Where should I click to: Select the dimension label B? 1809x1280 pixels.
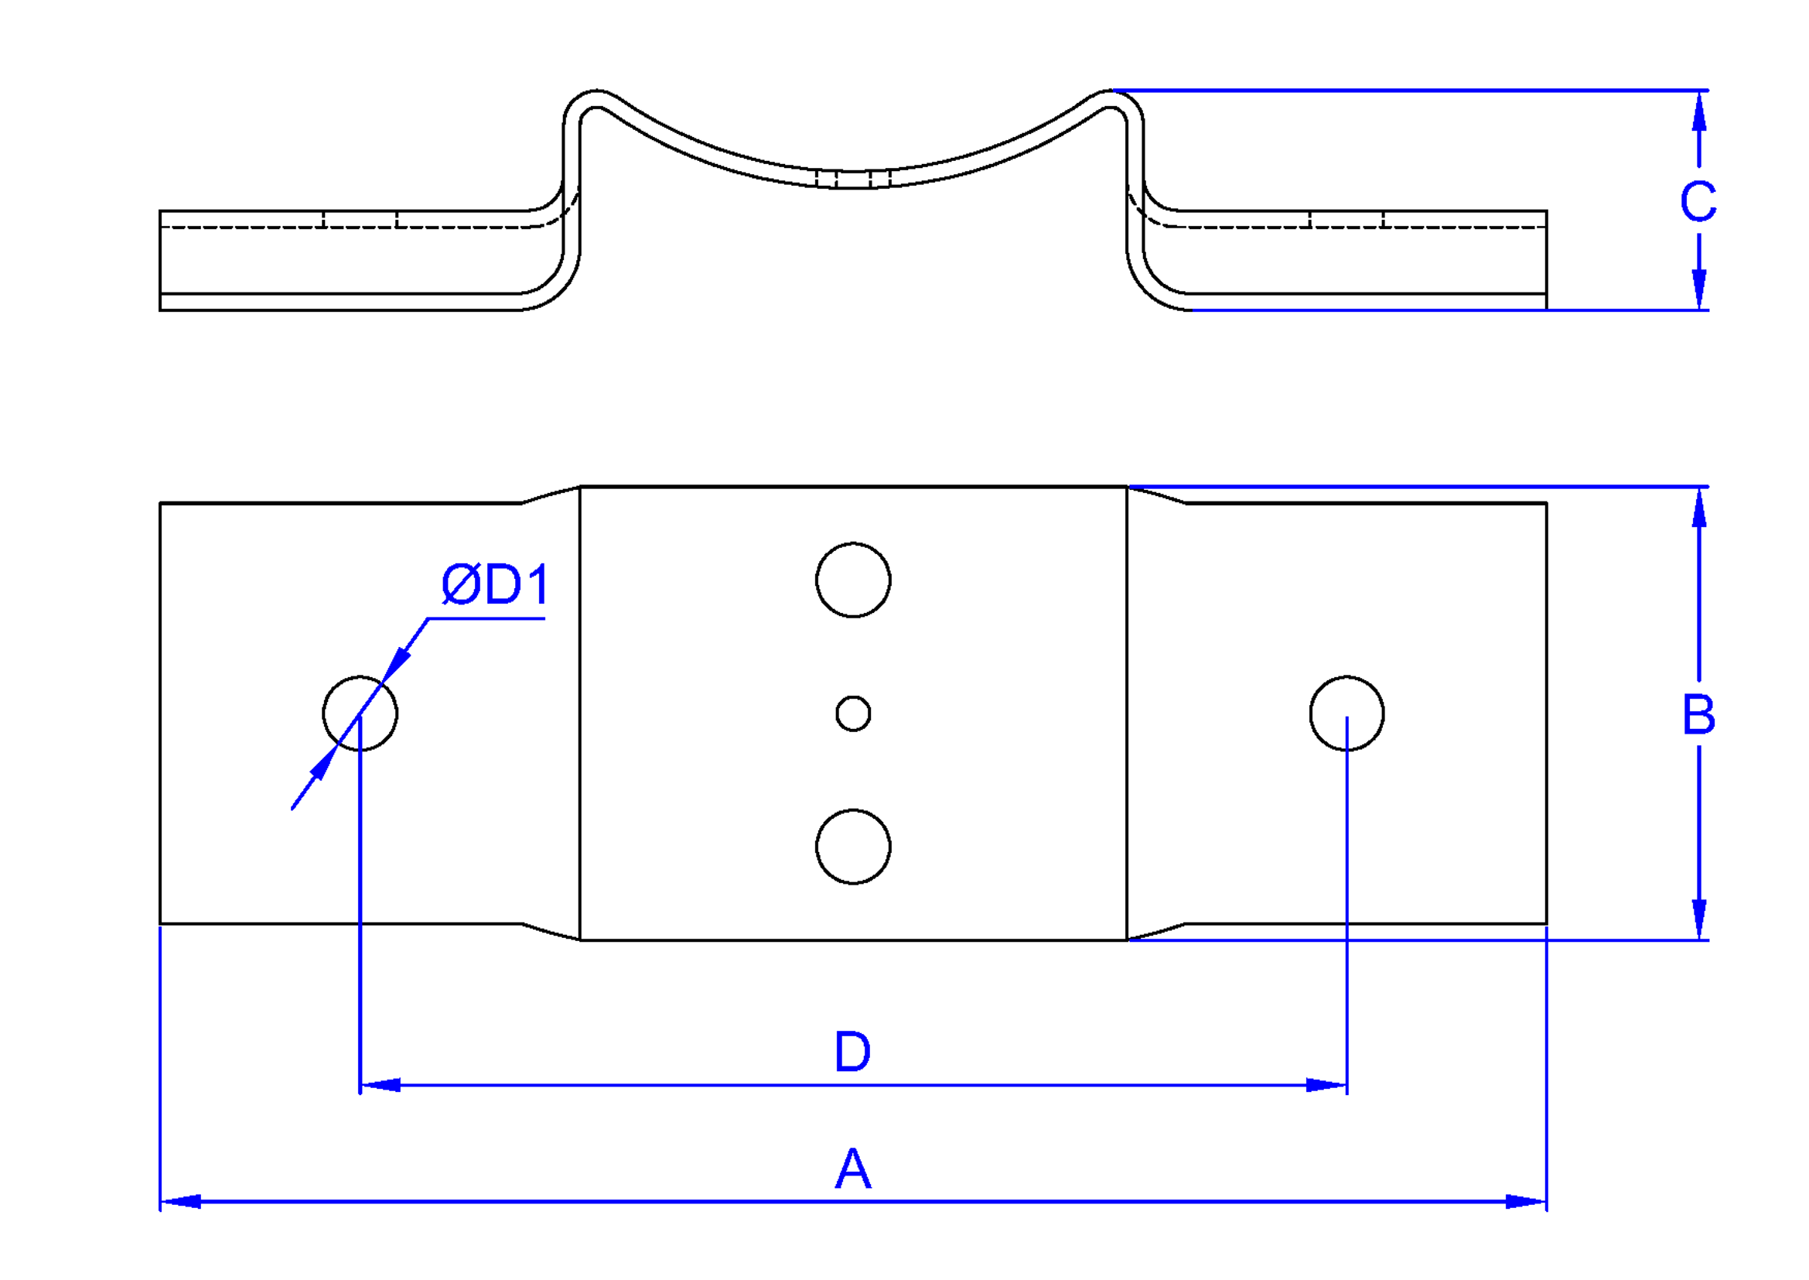click(x=1698, y=715)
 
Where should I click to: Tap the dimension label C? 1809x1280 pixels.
click(x=1698, y=201)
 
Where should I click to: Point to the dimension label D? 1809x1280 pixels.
click(x=852, y=1052)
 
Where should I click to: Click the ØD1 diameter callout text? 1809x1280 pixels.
click(x=495, y=585)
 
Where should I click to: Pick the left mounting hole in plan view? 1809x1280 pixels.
click(x=360, y=714)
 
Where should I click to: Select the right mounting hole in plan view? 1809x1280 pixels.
click(x=1347, y=714)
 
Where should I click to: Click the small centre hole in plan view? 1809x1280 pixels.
click(x=853, y=714)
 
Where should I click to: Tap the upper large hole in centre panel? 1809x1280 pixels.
click(x=853, y=580)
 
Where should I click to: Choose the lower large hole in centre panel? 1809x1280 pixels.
click(x=853, y=847)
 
